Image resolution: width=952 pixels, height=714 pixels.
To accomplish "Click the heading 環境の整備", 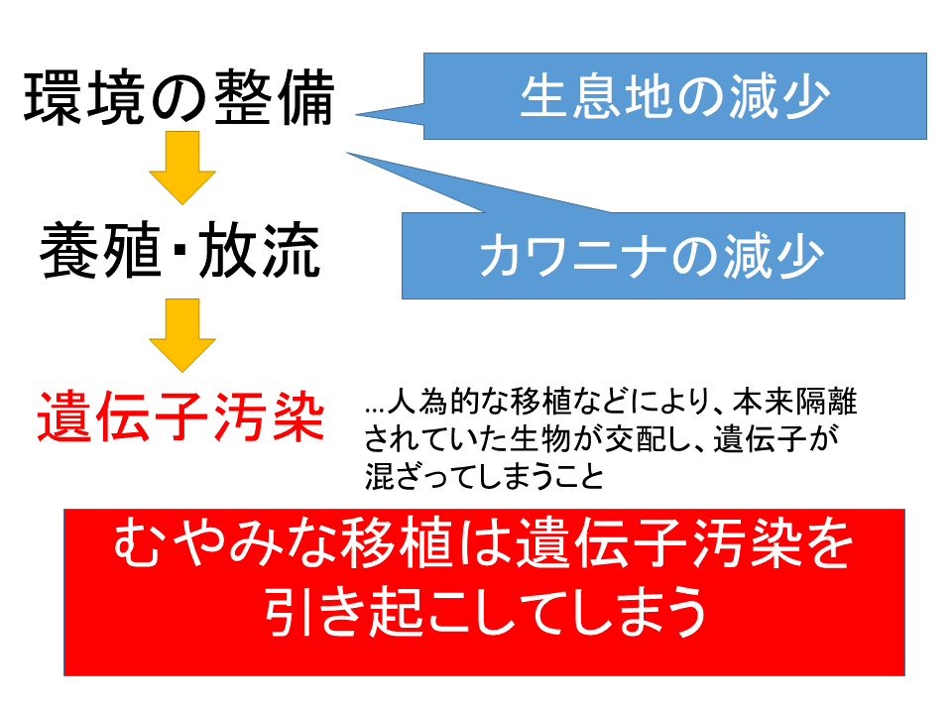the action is (179, 97).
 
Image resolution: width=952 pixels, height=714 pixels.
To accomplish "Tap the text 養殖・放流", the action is (180, 250).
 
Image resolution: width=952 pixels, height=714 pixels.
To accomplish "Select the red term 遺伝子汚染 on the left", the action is (180, 416).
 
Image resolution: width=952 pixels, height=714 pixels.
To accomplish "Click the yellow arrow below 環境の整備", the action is (182, 168).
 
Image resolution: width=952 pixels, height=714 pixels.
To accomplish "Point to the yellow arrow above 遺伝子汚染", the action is (182, 335).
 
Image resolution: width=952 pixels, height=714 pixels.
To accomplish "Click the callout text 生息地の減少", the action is (674, 96).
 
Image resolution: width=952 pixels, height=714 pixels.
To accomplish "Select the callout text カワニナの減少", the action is (652, 256).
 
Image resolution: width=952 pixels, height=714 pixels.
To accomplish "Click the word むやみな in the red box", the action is (225, 542).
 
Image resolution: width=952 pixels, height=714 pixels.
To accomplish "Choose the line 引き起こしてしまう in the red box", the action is (486, 611).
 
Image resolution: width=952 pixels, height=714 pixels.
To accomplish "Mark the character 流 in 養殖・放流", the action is (292, 250).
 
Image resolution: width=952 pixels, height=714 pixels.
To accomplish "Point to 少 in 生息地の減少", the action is (804, 96).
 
